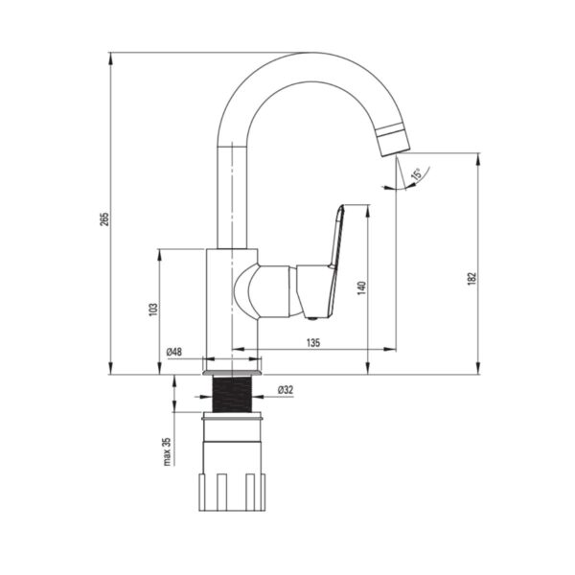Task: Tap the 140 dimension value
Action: coord(361,287)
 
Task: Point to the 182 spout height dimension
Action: coord(471,278)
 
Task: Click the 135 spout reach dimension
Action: coord(313,342)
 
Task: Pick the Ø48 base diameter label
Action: coord(174,353)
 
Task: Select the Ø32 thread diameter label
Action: coord(286,389)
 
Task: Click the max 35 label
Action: coord(166,450)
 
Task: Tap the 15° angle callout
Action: coord(416,175)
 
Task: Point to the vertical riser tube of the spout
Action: coord(236,192)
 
